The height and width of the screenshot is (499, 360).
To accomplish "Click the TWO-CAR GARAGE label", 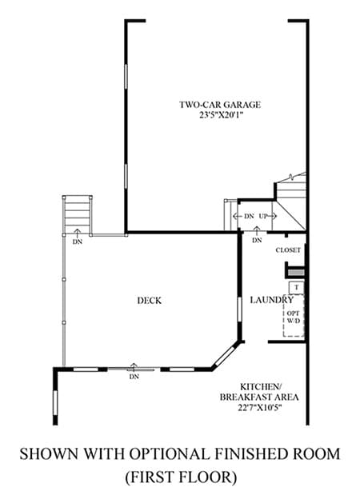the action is [x=220, y=105].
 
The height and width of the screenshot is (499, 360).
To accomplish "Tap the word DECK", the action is [x=150, y=301].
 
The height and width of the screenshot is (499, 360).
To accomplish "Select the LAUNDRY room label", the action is [x=271, y=300].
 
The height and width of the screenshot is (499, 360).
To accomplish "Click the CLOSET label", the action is [x=288, y=250].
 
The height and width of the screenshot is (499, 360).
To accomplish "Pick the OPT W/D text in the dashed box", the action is [x=294, y=317].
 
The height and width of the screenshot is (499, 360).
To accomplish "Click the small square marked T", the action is [x=296, y=288].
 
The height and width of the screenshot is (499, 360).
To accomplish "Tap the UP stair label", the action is [x=263, y=216].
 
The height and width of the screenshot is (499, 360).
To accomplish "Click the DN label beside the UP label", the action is [x=249, y=216].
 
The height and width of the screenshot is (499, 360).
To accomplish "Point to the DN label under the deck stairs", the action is [x=78, y=242].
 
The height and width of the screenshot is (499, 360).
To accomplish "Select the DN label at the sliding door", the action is [x=134, y=377].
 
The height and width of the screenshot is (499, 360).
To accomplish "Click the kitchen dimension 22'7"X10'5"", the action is [x=260, y=408].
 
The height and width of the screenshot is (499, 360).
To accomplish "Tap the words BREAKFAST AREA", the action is [x=259, y=397].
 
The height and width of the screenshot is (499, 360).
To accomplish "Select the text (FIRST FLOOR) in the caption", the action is [x=181, y=477].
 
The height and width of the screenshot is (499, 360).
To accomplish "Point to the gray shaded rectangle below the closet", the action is [x=296, y=273].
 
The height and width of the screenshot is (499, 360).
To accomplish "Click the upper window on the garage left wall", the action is [x=126, y=77].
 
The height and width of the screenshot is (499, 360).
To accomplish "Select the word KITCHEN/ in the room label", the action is [x=260, y=387].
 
